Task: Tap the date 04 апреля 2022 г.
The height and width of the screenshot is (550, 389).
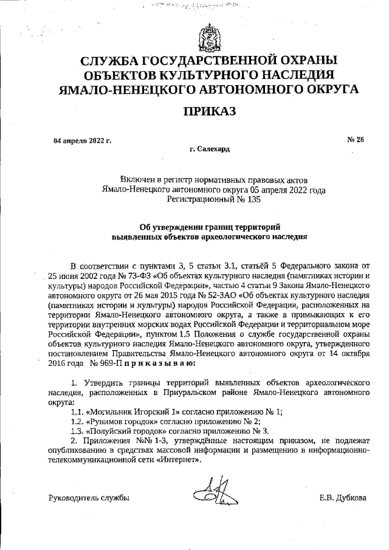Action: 83,140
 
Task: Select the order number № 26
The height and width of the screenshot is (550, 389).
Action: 355,140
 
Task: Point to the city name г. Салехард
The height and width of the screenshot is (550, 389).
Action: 209,149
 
